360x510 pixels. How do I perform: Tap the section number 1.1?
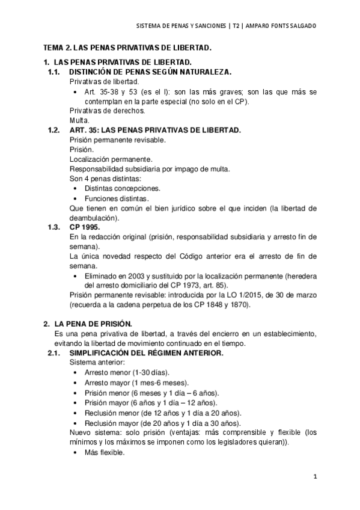[x=54, y=72]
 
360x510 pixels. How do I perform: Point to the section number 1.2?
[x=54, y=130]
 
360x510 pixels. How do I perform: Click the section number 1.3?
[x=54, y=227]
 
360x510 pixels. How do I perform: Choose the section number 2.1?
[x=54, y=353]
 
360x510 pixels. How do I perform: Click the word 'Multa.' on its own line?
[x=79, y=120]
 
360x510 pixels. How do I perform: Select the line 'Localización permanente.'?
[x=111, y=159]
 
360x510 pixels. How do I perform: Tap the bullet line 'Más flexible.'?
[x=104, y=453]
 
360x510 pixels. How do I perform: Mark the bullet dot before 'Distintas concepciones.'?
[x=74, y=188]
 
